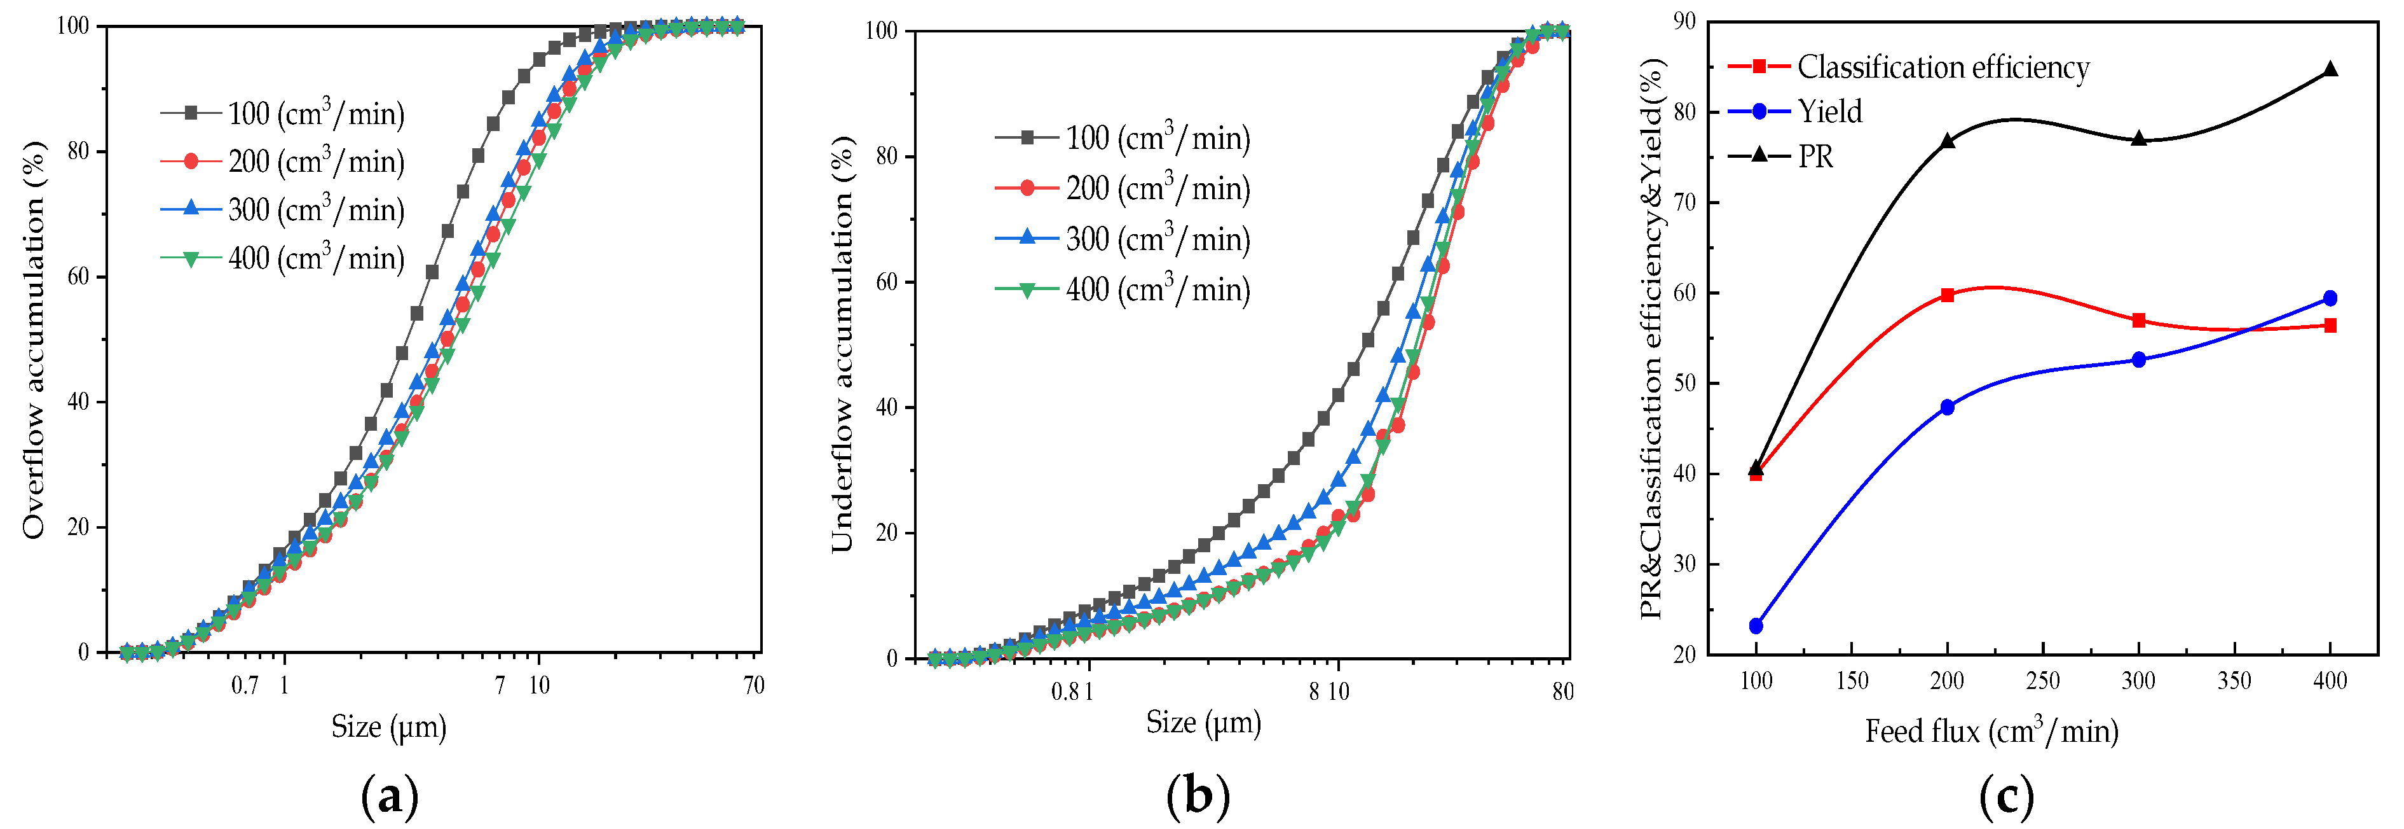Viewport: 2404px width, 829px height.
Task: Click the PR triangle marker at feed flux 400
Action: (2330, 69)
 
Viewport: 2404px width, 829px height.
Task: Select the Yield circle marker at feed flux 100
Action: (1756, 625)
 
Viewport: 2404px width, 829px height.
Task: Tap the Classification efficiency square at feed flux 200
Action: (1947, 295)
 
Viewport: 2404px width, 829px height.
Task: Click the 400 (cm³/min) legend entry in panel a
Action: (315, 258)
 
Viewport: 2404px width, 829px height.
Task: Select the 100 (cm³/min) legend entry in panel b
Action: (1158, 137)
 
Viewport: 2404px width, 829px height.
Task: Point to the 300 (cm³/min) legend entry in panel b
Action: (1158, 239)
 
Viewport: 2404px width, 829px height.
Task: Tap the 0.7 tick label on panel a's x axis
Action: (245, 686)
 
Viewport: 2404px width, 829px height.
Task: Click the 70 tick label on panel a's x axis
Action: (753, 686)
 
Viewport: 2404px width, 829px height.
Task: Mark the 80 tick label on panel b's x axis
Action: (1562, 692)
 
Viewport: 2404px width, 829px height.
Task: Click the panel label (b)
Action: (1198, 797)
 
